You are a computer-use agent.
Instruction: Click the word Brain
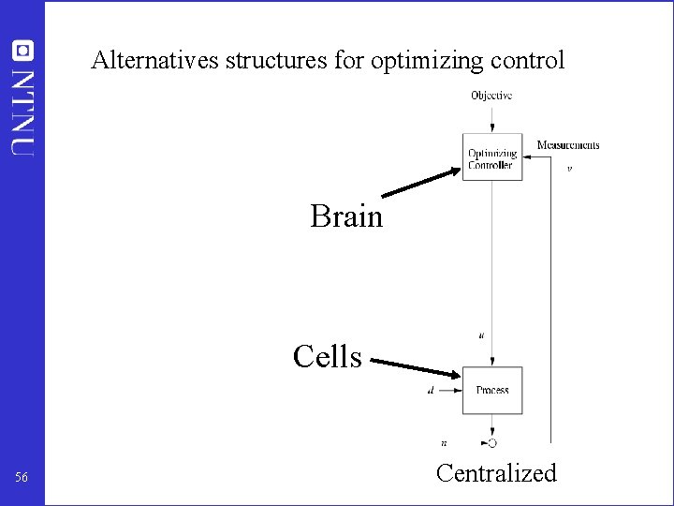pos(346,216)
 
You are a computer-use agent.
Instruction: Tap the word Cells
pos(327,357)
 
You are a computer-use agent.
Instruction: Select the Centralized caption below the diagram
pos(496,473)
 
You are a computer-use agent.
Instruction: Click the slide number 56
pos(22,479)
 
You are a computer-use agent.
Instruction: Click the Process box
pos(492,390)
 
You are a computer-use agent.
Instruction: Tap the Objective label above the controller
pos(491,96)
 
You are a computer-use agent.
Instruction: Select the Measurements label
pos(567,145)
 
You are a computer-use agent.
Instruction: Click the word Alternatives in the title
pos(154,62)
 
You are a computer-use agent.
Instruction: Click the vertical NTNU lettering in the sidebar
pos(22,111)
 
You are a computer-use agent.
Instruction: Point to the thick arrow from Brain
pos(422,182)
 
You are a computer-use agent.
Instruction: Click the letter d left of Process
pos(430,390)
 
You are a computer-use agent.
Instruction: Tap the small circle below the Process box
pos(492,442)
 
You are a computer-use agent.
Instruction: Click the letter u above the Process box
pos(481,335)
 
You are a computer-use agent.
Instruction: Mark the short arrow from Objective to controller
pos(492,119)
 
